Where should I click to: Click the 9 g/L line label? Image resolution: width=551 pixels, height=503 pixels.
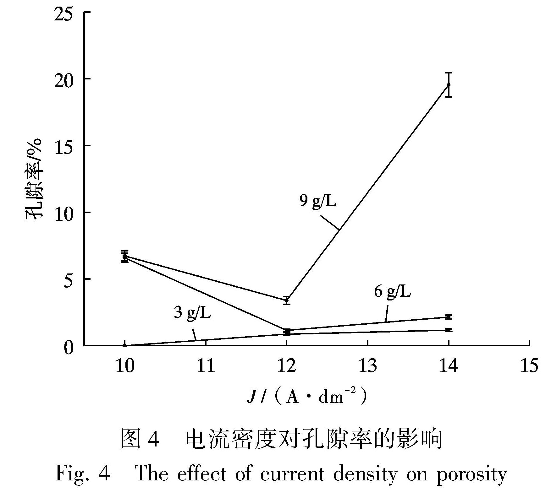(x=317, y=201)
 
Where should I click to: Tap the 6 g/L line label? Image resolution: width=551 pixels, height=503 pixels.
(x=392, y=292)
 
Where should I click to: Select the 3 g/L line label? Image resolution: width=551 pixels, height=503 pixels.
(x=192, y=313)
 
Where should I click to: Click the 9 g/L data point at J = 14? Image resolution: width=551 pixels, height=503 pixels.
(x=449, y=85)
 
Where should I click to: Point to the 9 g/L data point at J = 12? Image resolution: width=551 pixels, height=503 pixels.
(x=286, y=300)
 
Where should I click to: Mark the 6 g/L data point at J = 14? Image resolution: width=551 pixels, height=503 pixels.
(x=449, y=317)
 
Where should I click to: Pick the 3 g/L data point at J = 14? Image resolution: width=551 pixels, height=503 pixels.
(x=449, y=330)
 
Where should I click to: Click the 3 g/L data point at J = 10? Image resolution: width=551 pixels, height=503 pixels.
(x=125, y=345)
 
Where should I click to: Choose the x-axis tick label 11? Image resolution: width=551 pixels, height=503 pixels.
(x=206, y=366)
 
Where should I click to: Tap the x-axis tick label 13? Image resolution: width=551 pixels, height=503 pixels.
(x=367, y=366)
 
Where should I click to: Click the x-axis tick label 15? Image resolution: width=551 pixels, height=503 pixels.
(x=529, y=366)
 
